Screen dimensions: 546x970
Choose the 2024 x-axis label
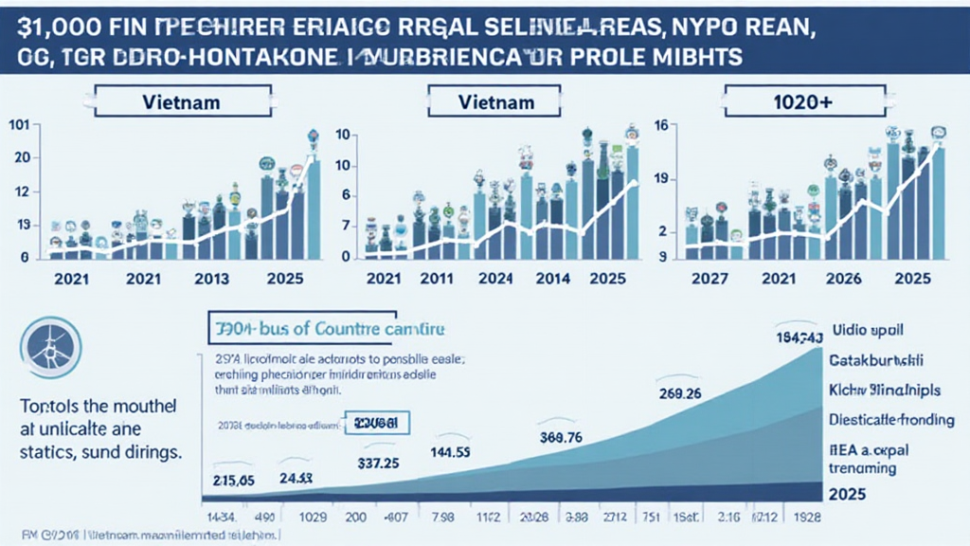coord(501,281)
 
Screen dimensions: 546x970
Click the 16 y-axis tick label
coord(663,126)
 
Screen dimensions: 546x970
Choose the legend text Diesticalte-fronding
coord(890,419)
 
